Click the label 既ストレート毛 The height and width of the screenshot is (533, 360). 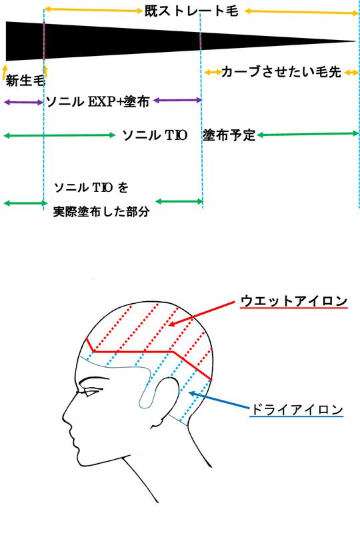coord(191,11)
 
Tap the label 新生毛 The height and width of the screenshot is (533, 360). coord(25,81)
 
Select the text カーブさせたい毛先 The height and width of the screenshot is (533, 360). coord(281,72)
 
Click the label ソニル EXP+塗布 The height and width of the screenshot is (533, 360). coord(98,101)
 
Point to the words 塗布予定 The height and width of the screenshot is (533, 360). coord(229,135)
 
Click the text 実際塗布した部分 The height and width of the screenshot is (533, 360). coord(101,212)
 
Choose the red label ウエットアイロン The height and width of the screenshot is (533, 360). coord(294,301)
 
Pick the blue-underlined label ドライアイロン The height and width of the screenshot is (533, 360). coord(297,409)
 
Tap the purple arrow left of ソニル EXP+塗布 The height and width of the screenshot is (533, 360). coord(23,102)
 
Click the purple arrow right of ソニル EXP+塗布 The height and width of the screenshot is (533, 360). coord(177,101)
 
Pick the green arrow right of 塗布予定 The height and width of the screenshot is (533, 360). coord(308,135)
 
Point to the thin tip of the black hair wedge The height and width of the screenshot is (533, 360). coord(355,41)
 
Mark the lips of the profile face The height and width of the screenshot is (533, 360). coord(73,441)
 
